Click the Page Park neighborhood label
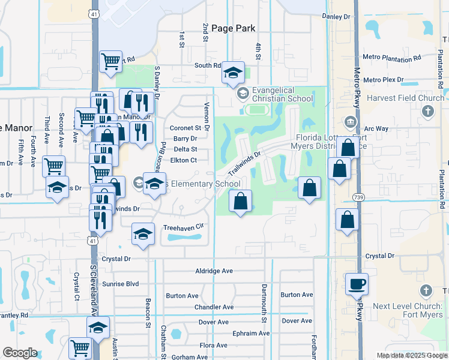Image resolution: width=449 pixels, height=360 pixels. [x=229, y=28]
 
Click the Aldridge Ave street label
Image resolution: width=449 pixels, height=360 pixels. [x=214, y=271]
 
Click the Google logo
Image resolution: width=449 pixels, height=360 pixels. [x=20, y=353]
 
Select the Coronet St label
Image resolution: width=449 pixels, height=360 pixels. [x=185, y=128]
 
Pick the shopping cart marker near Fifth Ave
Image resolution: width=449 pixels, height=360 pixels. [x=54, y=165]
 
